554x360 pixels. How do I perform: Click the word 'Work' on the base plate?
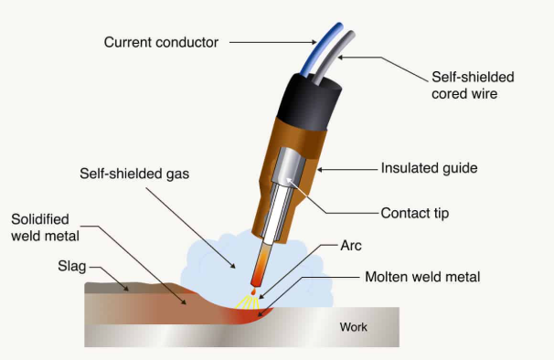(x=353, y=326)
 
